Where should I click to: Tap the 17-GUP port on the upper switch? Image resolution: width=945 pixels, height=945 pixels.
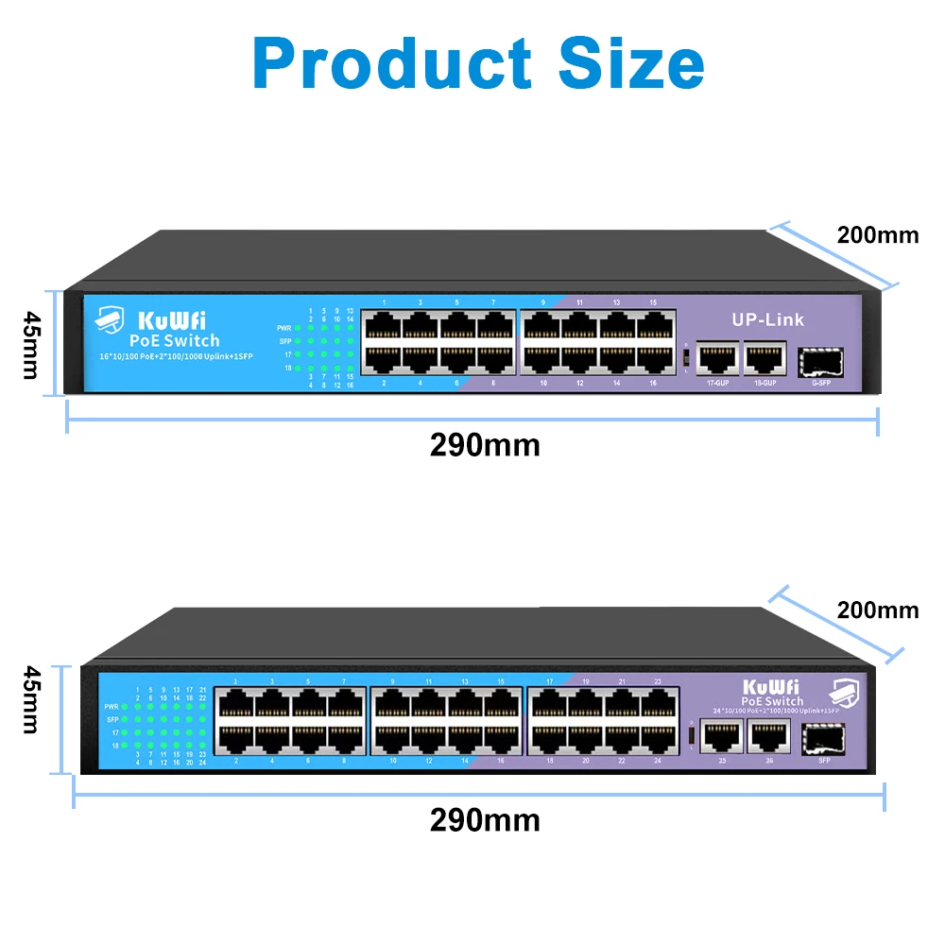717,359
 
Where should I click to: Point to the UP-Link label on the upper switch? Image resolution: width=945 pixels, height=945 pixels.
767,319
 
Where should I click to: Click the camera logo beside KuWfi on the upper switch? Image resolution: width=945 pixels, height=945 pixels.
110,320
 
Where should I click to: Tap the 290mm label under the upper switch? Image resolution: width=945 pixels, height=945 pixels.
485,444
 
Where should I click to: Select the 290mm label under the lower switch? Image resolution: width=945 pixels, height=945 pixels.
485,819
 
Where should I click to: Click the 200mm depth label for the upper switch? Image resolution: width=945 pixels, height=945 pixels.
878,235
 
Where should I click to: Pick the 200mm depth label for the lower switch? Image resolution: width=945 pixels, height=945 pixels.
878,610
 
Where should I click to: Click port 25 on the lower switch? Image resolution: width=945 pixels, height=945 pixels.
721,734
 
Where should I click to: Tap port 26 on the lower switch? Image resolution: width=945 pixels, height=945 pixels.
768,734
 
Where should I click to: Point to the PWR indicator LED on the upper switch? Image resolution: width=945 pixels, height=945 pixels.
298,328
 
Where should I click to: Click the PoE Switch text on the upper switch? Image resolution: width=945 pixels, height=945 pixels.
174,340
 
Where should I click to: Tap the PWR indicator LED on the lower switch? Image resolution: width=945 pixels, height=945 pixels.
125,706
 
